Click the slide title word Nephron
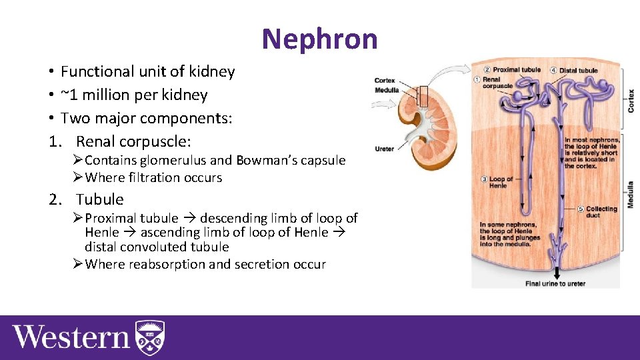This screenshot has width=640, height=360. tap(319, 39)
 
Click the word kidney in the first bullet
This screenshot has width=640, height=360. tap(213, 71)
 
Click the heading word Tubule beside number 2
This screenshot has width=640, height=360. tap(100, 199)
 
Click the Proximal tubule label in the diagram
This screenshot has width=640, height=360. tap(516, 70)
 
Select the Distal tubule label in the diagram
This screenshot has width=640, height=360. tap(578, 70)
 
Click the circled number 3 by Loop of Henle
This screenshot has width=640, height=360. tap(484, 179)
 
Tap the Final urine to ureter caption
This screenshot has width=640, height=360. tap(555, 283)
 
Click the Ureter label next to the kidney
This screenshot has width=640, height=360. tap(384, 149)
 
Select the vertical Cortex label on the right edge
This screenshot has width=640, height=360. tap(630, 100)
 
